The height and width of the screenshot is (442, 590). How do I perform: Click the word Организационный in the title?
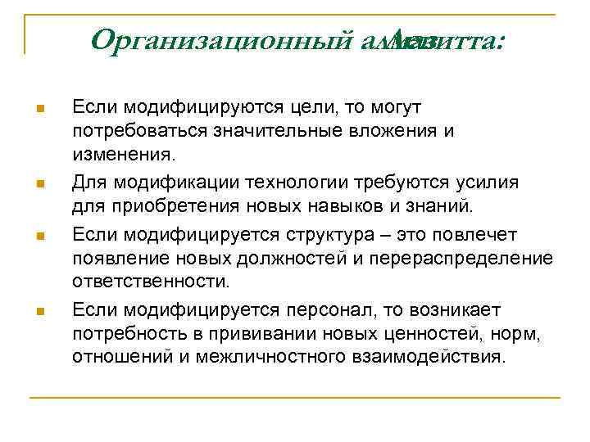[222, 38]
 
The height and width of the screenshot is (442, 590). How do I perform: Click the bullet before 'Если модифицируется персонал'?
[40, 309]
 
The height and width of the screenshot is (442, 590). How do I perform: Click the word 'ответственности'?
[151, 282]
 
